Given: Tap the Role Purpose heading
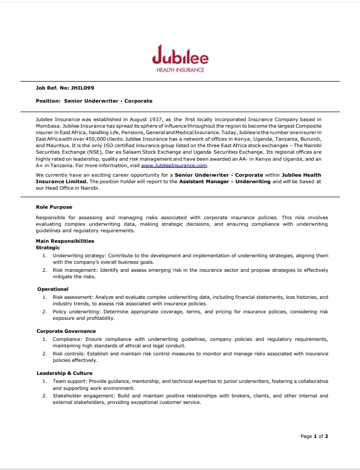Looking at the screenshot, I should click(54, 207).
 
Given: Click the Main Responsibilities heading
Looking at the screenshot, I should click(64, 241).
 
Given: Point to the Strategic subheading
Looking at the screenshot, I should click(48, 247).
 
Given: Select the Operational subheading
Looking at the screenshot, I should click(53, 289).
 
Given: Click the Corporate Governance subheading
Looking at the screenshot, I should click(66, 331).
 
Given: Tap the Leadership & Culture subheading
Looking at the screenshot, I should click(64, 373).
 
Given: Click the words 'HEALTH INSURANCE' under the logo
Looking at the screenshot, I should click(180, 70).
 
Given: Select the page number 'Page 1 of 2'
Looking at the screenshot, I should click(314, 436).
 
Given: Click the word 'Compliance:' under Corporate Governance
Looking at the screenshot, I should click(67, 339).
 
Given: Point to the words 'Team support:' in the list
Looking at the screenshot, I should click(70, 381).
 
